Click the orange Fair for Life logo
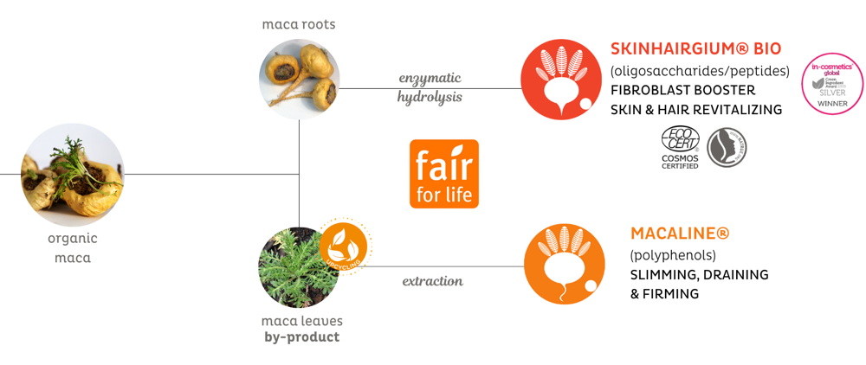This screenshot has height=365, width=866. pos(443,174)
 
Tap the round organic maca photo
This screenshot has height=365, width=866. pos(73,175)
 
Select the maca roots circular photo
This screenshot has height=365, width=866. pos(299,80)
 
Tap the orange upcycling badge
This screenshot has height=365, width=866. pos(345,245)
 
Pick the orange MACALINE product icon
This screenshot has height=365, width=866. pos(564,265)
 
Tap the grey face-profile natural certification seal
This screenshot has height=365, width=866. pos(727,147)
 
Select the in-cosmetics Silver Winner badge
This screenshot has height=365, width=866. pos(832,83)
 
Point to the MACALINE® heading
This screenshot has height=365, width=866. pos(680,234)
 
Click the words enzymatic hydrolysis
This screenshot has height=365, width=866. pos(430,87)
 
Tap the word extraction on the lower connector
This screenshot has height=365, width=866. pos(432,281)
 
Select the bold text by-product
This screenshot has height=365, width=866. pos(301,337)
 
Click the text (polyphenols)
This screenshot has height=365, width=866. pos(673,255)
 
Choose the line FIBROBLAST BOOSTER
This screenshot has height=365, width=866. pos(682,90)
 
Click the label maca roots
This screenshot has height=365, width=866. pos(299,24)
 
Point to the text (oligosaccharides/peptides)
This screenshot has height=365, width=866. pos(700,70)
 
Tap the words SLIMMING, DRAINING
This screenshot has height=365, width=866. pos(699,275)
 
